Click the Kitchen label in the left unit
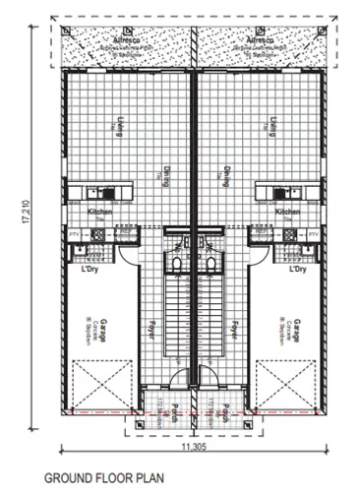(x=100, y=213)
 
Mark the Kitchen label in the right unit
(x=286, y=213)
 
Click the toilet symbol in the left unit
(x=175, y=264)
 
